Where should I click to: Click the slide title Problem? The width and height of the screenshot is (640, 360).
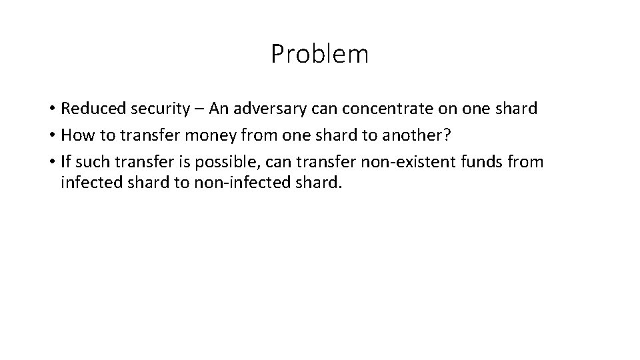coord(319,54)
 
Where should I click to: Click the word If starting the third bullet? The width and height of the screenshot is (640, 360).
coord(66,161)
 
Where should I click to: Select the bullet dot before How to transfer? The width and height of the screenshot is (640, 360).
coord(51,136)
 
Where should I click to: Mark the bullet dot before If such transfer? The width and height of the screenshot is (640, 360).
coord(51,162)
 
